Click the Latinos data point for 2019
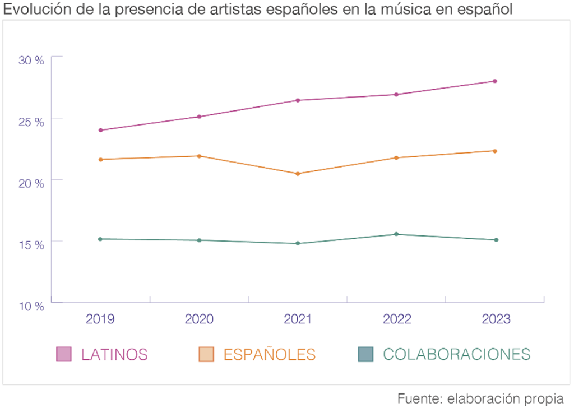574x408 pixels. click(100, 130)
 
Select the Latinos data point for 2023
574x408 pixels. click(495, 81)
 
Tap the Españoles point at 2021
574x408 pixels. click(298, 174)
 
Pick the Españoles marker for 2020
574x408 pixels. click(199, 156)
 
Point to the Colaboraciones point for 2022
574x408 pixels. click(396, 234)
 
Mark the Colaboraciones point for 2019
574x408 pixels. click(100, 239)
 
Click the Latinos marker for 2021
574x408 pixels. click(298, 100)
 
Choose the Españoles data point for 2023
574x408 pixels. click(495, 151)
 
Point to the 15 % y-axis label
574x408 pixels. click(31, 245)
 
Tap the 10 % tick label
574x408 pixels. click(31, 307)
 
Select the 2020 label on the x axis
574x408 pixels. click(199, 319)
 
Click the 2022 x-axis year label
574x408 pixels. click(396, 319)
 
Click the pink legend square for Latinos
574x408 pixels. click(64, 354)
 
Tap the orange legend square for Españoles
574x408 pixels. click(207, 354)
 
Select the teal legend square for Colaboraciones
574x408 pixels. click(365, 354)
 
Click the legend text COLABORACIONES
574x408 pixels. click(456, 354)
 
